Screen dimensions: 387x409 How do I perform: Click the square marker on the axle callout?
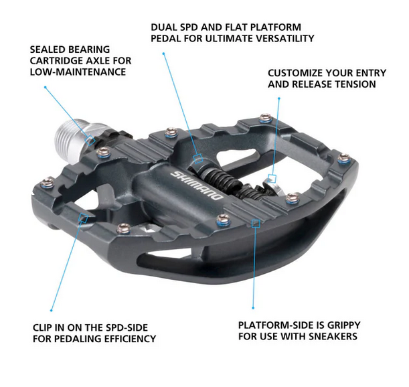(x=92, y=140)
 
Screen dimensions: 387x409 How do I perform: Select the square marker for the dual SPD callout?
(x=197, y=159)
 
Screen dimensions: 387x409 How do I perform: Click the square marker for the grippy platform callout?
(x=254, y=224)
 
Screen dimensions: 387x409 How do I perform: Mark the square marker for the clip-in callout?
(x=83, y=217)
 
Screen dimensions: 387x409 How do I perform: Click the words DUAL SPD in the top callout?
(x=174, y=27)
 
